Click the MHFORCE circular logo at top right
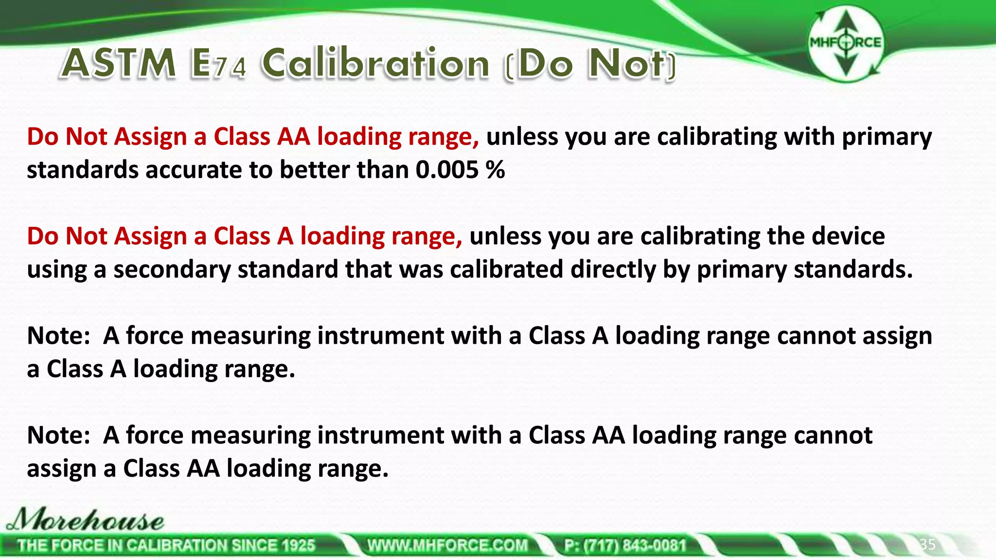(x=845, y=43)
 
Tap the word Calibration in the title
(x=375, y=64)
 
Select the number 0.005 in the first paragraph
(x=447, y=170)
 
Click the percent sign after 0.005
(x=496, y=170)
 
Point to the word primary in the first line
(x=887, y=137)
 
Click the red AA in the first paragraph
(x=293, y=137)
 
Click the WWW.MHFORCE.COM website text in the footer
(x=447, y=545)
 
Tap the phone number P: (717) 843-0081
(x=625, y=545)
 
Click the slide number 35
(x=927, y=544)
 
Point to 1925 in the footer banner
(x=298, y=545)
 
